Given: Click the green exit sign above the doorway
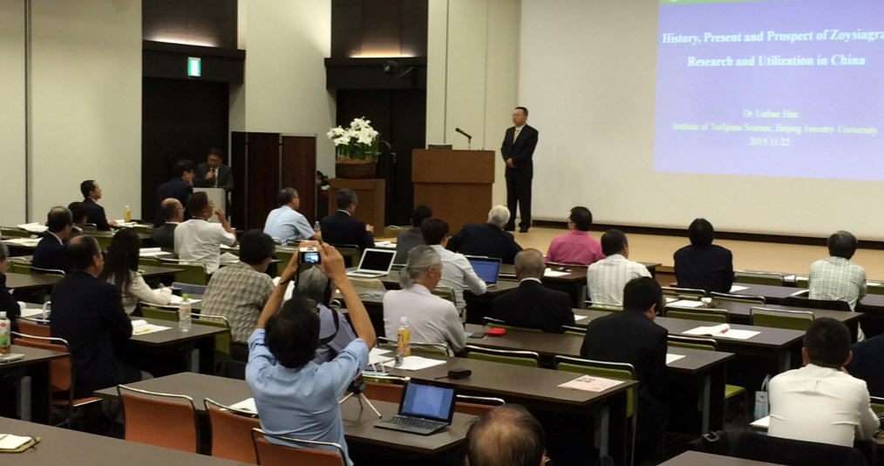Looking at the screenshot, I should pyautogui.click(x=194, y=66).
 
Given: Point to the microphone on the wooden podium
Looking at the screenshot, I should pyautogui.click(x=463, y=135).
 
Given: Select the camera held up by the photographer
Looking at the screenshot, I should pyautogui.click(x=309, y=256).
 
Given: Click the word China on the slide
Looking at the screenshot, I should pyautogui.click(x=847, y=61).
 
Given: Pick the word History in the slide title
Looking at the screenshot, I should pyautogui.click(x=686, y=38).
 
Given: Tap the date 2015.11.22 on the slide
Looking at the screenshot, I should pyautogui.click(x=770, y=141).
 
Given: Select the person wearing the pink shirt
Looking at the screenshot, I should pyautogui.click(x=575, y=241).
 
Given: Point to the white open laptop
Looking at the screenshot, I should pyautogui.click(x=375, y=262).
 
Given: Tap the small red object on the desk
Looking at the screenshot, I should pyautogui.click(x=495, y=331).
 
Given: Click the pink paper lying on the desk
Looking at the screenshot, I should pyautogui.click(x=590, y=383).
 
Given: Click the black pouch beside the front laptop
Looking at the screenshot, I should pyautogui.click(x=459, y=373).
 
